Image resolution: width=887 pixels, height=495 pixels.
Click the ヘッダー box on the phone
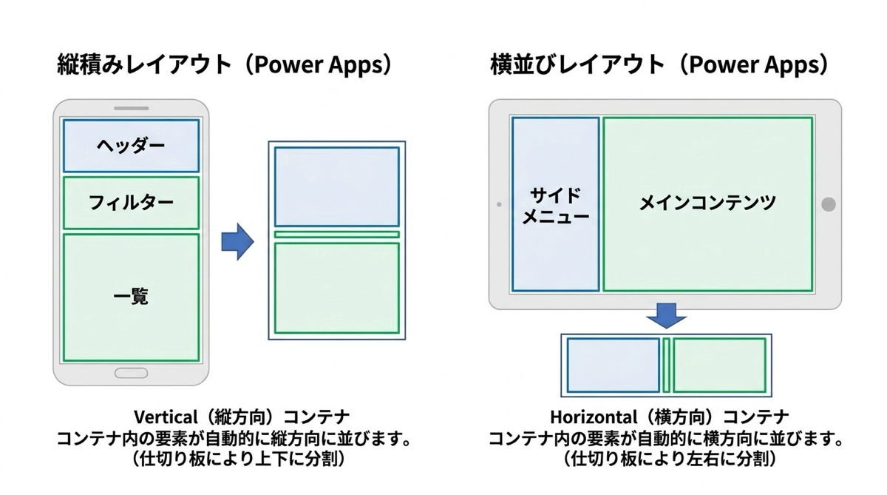(131, 146)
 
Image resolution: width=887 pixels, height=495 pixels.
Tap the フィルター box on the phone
(131, 202)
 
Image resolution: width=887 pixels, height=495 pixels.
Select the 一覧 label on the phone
(131, 297)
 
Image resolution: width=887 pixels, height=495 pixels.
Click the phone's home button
(131, 372)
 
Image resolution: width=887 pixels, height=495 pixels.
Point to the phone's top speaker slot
(131, 110)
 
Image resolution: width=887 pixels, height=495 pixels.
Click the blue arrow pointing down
(666, 315)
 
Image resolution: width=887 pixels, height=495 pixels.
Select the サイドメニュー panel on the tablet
(555, 204)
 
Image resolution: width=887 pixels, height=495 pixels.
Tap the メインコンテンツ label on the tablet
(707, 203)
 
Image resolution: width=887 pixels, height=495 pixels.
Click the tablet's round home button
(829, 204)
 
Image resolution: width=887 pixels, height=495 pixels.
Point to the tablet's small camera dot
(499, 204)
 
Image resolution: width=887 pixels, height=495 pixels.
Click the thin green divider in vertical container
(336, 235)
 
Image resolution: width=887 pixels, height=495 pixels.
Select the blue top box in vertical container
(336, 186)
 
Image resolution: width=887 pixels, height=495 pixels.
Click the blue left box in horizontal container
(613, 365)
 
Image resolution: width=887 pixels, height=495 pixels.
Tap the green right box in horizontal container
(719, 365)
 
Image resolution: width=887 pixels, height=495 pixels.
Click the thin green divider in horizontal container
(666, 365)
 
